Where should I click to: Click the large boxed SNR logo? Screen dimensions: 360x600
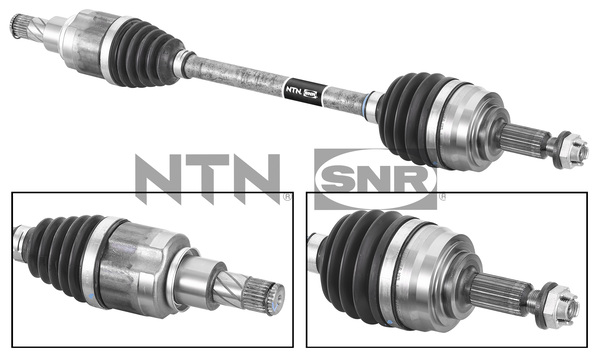[x=375, y=179]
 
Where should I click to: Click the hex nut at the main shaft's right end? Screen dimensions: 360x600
[x=565, y=147]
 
